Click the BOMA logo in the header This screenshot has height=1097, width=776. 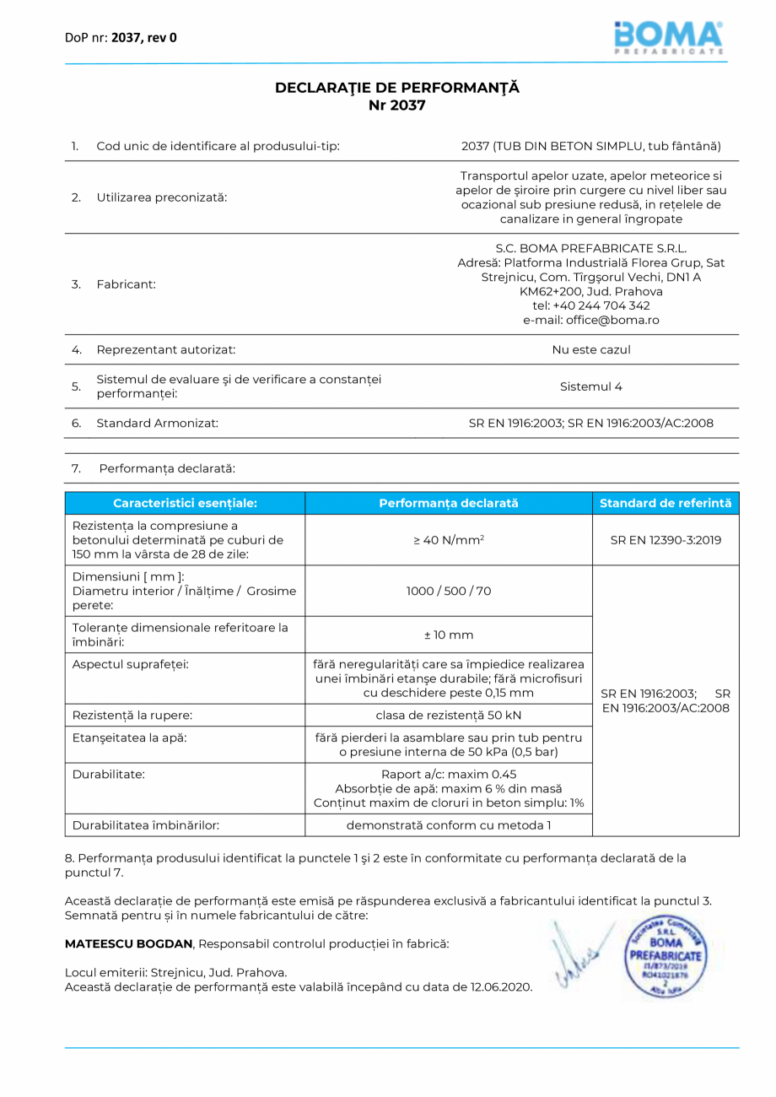tap(668, 37)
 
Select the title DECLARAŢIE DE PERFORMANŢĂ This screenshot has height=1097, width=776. tap(397, 88)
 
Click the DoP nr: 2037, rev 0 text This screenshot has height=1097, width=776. tap(121, 37)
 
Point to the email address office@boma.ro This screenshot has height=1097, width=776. tap(590, 320)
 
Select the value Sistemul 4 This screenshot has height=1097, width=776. tap(590, 386)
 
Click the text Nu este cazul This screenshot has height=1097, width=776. tap(590, 349)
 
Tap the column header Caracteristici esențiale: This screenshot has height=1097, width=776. tap(185, 503)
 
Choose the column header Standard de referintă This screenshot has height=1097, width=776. tap(666, 503)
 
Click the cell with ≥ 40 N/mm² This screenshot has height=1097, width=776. tap(448, 540)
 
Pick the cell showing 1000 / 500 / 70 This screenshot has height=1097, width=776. tap(448, 591)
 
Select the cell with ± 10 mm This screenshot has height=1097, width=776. tap(448, 634)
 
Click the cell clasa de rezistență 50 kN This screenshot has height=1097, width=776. tap(448, 716)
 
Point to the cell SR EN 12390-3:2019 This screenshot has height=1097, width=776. tap(666, 540)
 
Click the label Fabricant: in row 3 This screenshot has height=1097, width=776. tap(127, 284)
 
